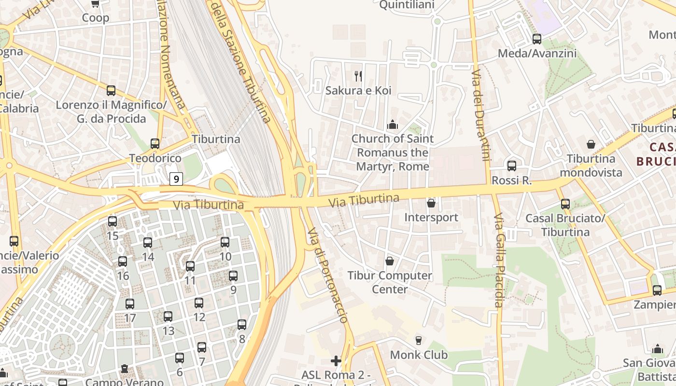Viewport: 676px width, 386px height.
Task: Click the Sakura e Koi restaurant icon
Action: [x=358, y=76]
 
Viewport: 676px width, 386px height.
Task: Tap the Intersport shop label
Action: [x=431, y=217]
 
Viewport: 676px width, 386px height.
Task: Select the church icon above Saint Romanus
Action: [x=392, y=125]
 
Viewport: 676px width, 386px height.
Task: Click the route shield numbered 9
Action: [x=177, y=179]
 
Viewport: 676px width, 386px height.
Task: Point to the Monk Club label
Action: [x=419, y=355]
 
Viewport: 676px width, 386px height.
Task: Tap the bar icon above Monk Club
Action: [x=418, y=340]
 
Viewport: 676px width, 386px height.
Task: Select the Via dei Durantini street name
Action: [x=481, y=115]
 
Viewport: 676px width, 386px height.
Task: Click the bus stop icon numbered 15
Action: [x=113, y=221]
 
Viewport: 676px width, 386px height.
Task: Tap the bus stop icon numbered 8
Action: [x=242, y=325]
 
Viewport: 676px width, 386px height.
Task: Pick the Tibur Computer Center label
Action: [x=390, y=282]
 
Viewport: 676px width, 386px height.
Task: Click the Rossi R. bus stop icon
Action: [x=512, y=166]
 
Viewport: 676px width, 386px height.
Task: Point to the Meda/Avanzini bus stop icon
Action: [x=537, y=39]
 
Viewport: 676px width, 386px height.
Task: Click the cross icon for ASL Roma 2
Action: [x=336, y=360]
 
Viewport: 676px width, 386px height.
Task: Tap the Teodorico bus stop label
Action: [x=155, y=158]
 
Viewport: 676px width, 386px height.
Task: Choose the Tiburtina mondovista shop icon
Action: [x=591, y=144]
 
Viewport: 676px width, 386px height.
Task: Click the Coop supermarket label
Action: [x=96, y=18]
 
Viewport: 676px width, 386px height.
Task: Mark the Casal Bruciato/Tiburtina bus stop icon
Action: [x=565, y=204]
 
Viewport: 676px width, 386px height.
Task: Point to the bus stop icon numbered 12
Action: [x=199, y=303]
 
